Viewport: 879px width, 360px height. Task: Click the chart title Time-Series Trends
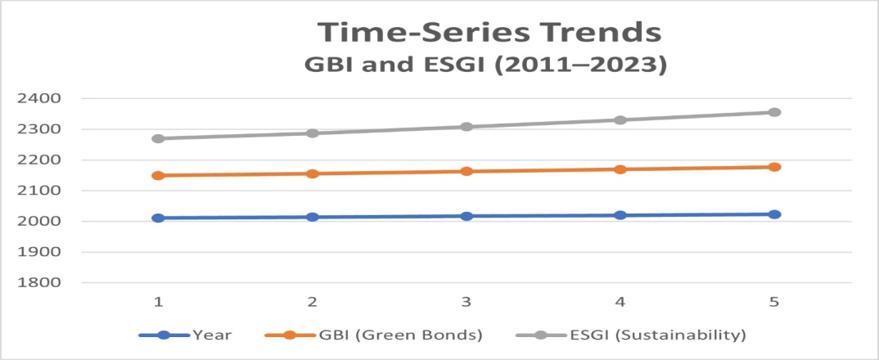click(x=489, y=33)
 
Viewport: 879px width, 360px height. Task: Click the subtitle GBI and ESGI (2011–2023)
click(x=489, y=65)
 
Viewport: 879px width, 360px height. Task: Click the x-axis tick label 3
click(x=467, y=302)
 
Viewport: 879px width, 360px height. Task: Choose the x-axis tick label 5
click(x=774, y=302)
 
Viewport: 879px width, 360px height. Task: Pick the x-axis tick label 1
click(x=159, y=302)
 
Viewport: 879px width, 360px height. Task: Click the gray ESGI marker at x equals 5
click(x=774, y=112)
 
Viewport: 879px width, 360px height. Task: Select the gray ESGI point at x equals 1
click(x=159, y=138)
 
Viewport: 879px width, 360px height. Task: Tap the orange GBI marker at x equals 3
click(x=467, y=171)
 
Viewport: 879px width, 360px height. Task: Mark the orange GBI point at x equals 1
click(x=159, y=175)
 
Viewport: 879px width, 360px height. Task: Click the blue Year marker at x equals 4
click(x=620, y=215)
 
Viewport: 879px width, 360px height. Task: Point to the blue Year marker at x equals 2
click(x=313, y=217)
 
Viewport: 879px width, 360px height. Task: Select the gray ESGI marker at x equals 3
click(x=467, y=127)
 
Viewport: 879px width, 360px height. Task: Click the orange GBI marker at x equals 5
click(x=774, y=167)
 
